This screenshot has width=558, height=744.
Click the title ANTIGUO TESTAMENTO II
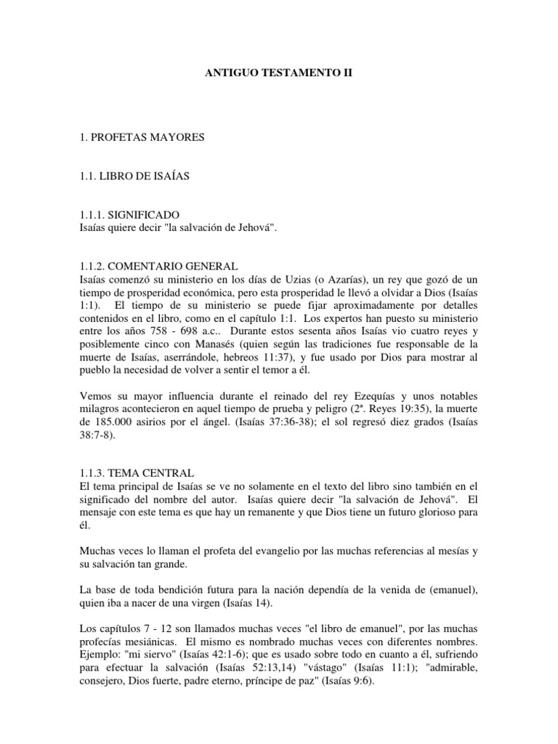(279, 74)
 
